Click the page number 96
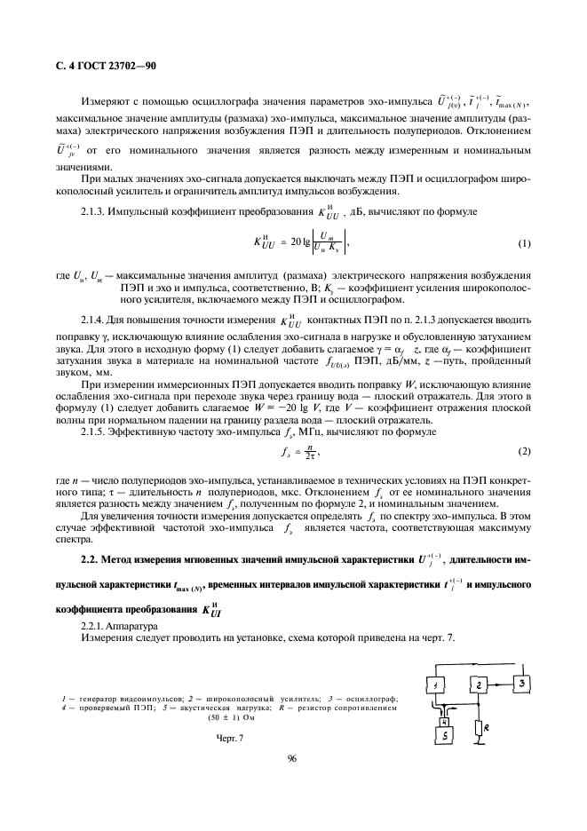click(292, 783)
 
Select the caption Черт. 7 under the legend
click(229, 739)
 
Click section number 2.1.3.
click(95, 213)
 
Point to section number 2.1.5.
click(95, 431)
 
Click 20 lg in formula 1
click(290, 242)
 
